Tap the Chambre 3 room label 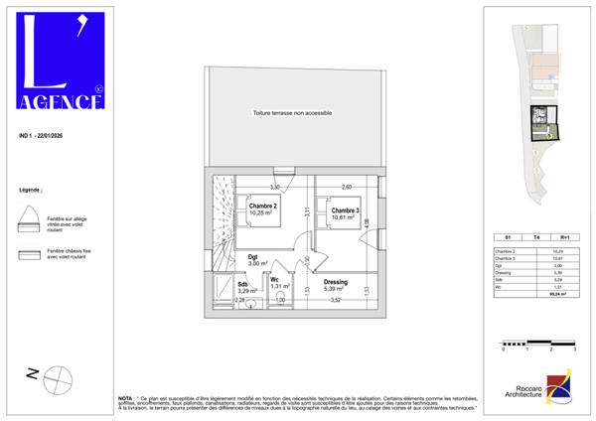point(345,210)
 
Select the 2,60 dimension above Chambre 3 point(347,187)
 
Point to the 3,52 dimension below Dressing point(336,300)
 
